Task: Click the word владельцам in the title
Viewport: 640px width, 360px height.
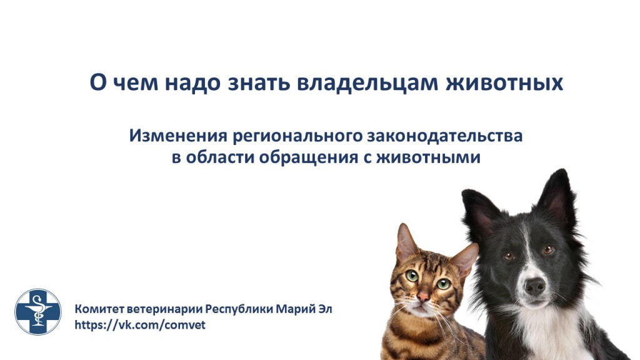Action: pyautogui.click(x=367, y=82)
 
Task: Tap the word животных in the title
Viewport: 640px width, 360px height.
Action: pyautogui.click(x=504, y=82)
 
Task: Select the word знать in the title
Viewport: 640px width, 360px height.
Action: pyautogui.click(x=258, y=82)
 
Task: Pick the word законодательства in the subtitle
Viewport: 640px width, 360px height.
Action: pyautogui.click(x=445, y=136)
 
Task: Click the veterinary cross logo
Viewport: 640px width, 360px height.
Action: pyautogui.click(x=38, y=312)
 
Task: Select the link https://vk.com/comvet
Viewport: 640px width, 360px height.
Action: pyautogui.click(x=140, y=325)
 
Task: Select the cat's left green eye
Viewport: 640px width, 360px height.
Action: pyautogui.click(x=412, y=276)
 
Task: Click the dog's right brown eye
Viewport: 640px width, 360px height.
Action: pyautogui.click(x=548, y=249)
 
